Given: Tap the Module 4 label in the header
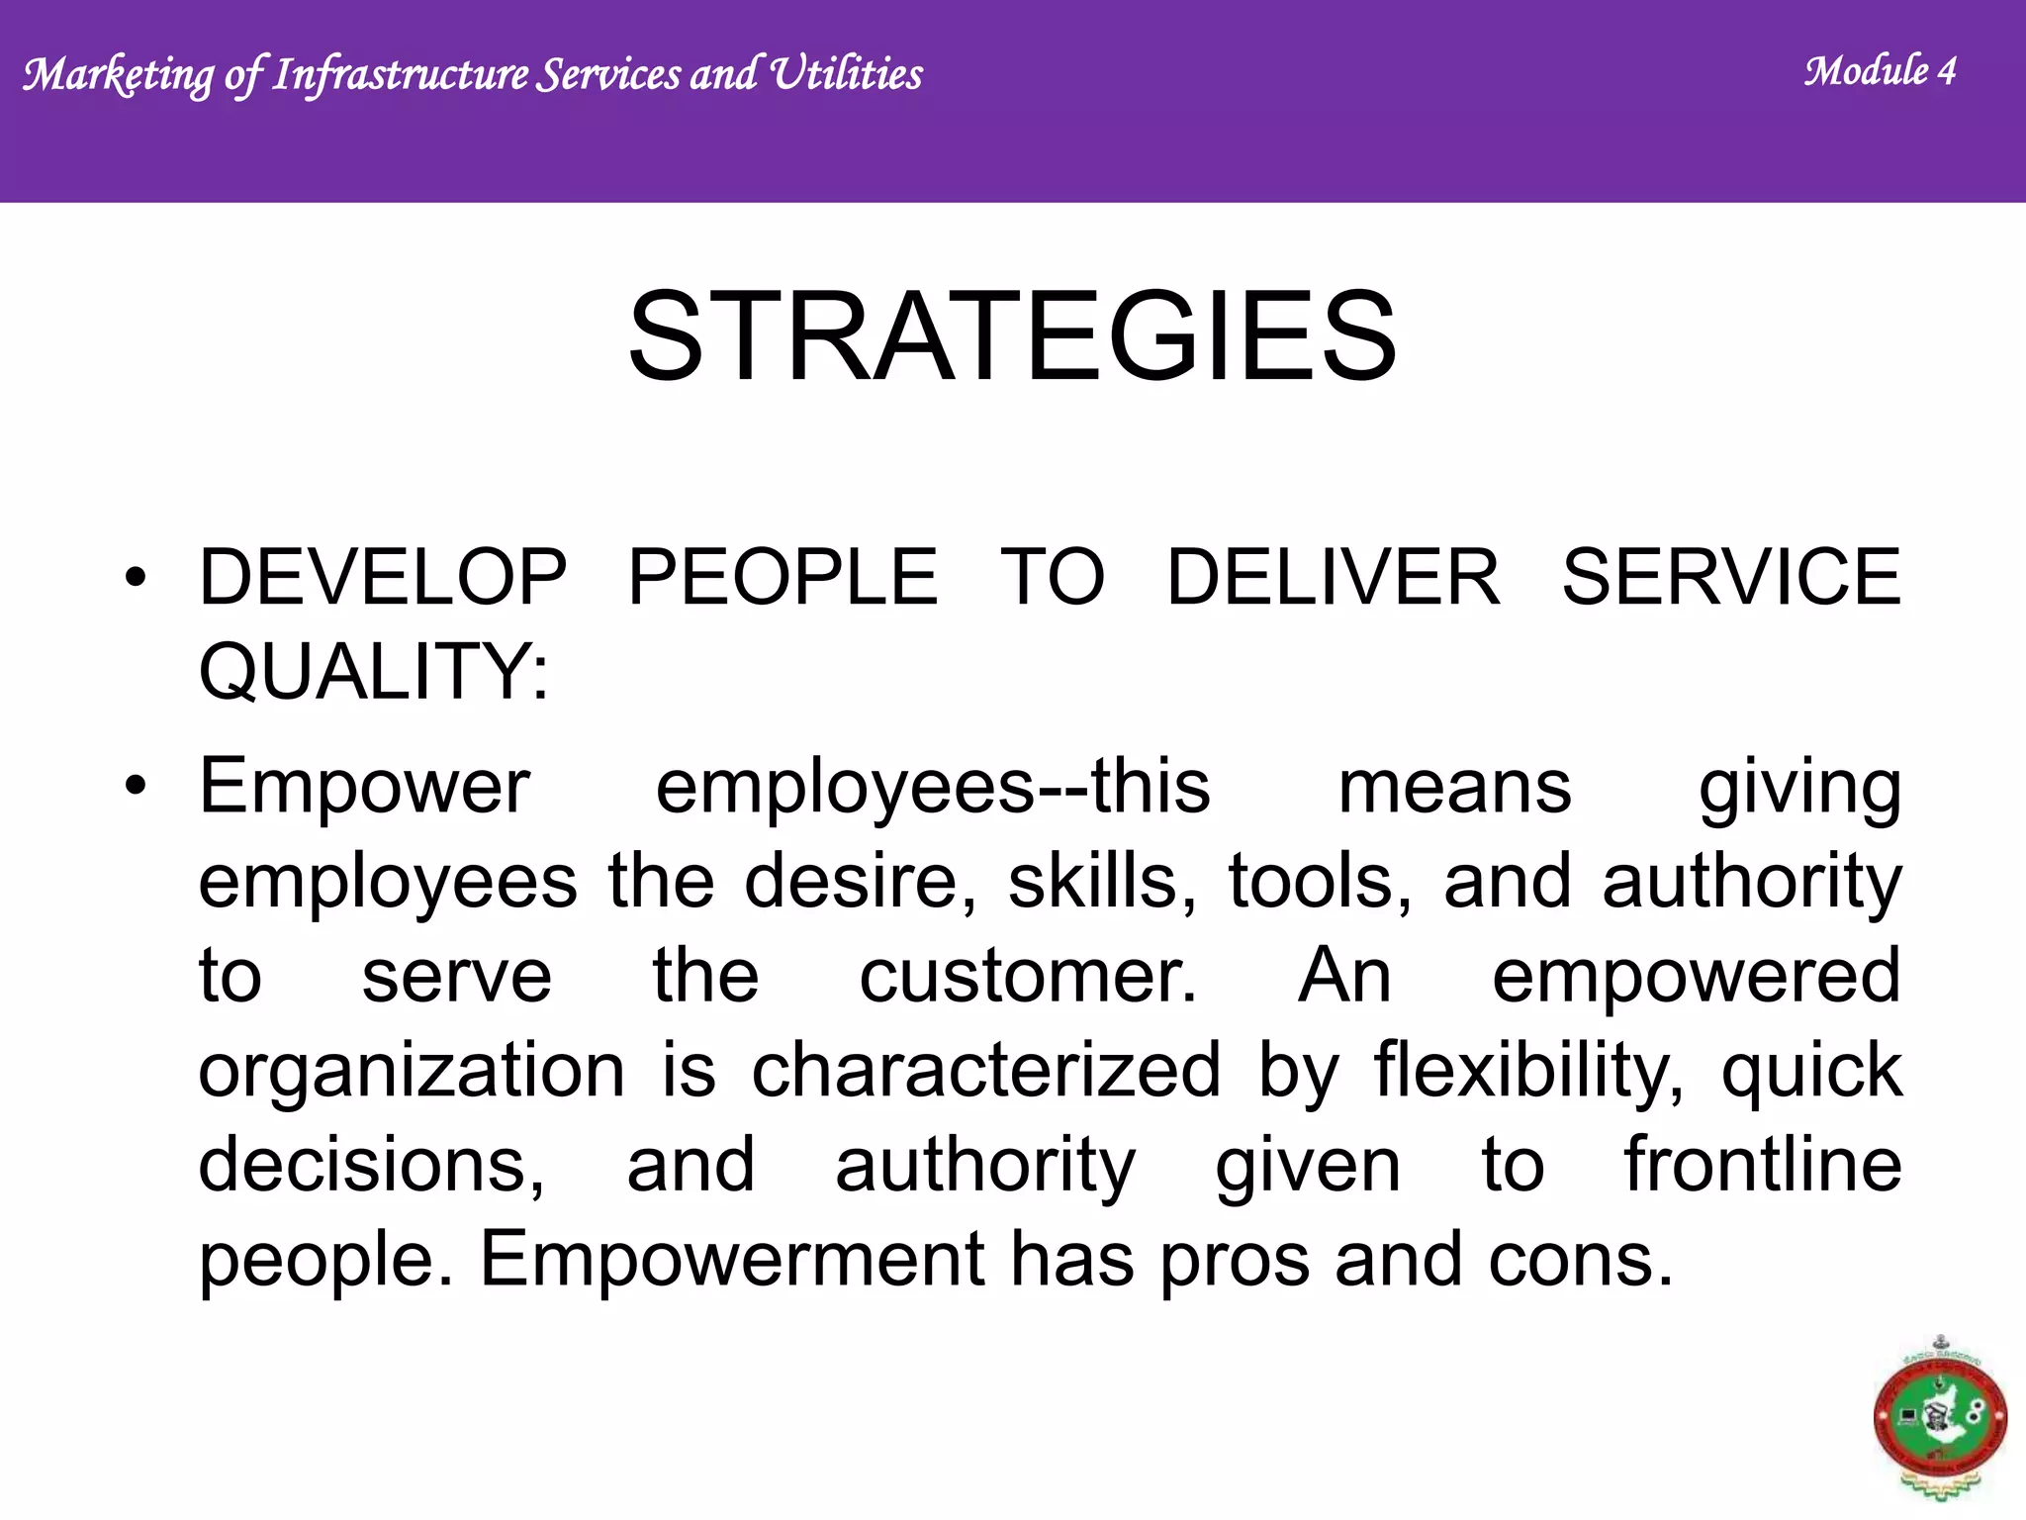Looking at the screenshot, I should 1880,71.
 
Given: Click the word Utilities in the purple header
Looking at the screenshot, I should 846,74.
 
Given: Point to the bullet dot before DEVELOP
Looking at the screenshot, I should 136,578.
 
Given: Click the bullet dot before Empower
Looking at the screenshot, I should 136,788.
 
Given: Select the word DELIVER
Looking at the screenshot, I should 1334,578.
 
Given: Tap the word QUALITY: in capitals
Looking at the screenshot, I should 373,673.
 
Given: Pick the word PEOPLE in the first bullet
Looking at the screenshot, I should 783,578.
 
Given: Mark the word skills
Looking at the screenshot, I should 1101,882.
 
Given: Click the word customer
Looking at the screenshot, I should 1028,977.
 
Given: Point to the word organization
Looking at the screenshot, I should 412,1073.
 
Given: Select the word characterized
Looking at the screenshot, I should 986,1071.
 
